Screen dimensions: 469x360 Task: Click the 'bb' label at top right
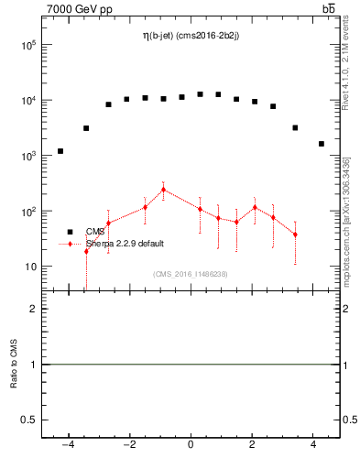(328, 8)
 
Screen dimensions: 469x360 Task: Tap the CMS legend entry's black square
(70, 232)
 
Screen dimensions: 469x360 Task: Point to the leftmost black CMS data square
(60, 151)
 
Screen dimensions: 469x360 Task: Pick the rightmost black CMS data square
(322, 144)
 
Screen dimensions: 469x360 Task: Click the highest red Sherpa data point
(163, 190)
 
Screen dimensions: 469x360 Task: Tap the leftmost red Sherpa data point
(86, 250)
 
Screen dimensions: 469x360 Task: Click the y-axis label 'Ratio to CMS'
(14, 364)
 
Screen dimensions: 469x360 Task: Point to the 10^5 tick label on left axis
(29, 44)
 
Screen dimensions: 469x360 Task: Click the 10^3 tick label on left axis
(29, 156)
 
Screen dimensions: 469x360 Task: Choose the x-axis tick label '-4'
(67, 446)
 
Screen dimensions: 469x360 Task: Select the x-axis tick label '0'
(191, 446)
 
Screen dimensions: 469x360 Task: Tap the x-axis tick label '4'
(314, 446)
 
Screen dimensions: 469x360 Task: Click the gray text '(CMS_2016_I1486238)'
(191, 273)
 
